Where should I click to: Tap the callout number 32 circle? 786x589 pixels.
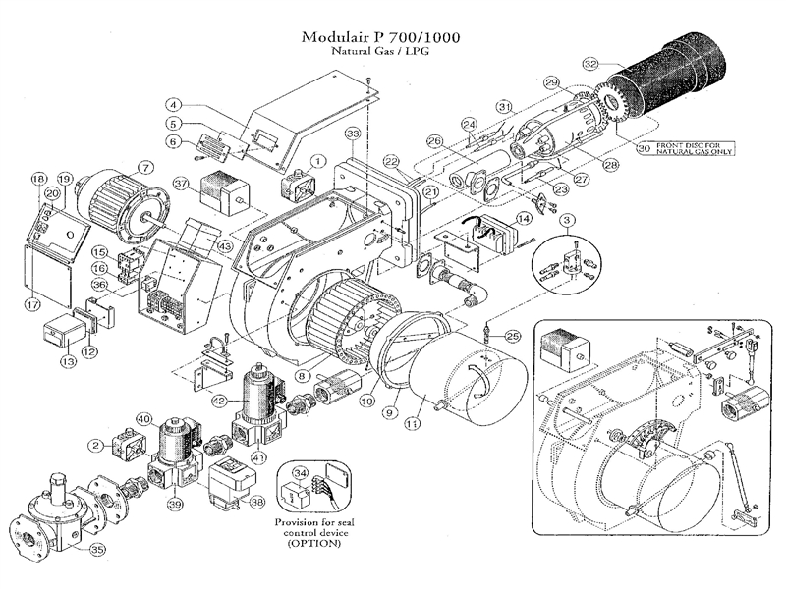pyautogui.click(x=589, y=64)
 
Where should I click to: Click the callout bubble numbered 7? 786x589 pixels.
pyautogui.click(x=144, y=167)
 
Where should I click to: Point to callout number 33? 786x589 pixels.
pyautogui.click(x=351, y=133)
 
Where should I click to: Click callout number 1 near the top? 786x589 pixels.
pyautogui.click(x=318, y=159)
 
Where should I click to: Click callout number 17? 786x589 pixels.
pyautogui.click(x=33, y=306)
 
